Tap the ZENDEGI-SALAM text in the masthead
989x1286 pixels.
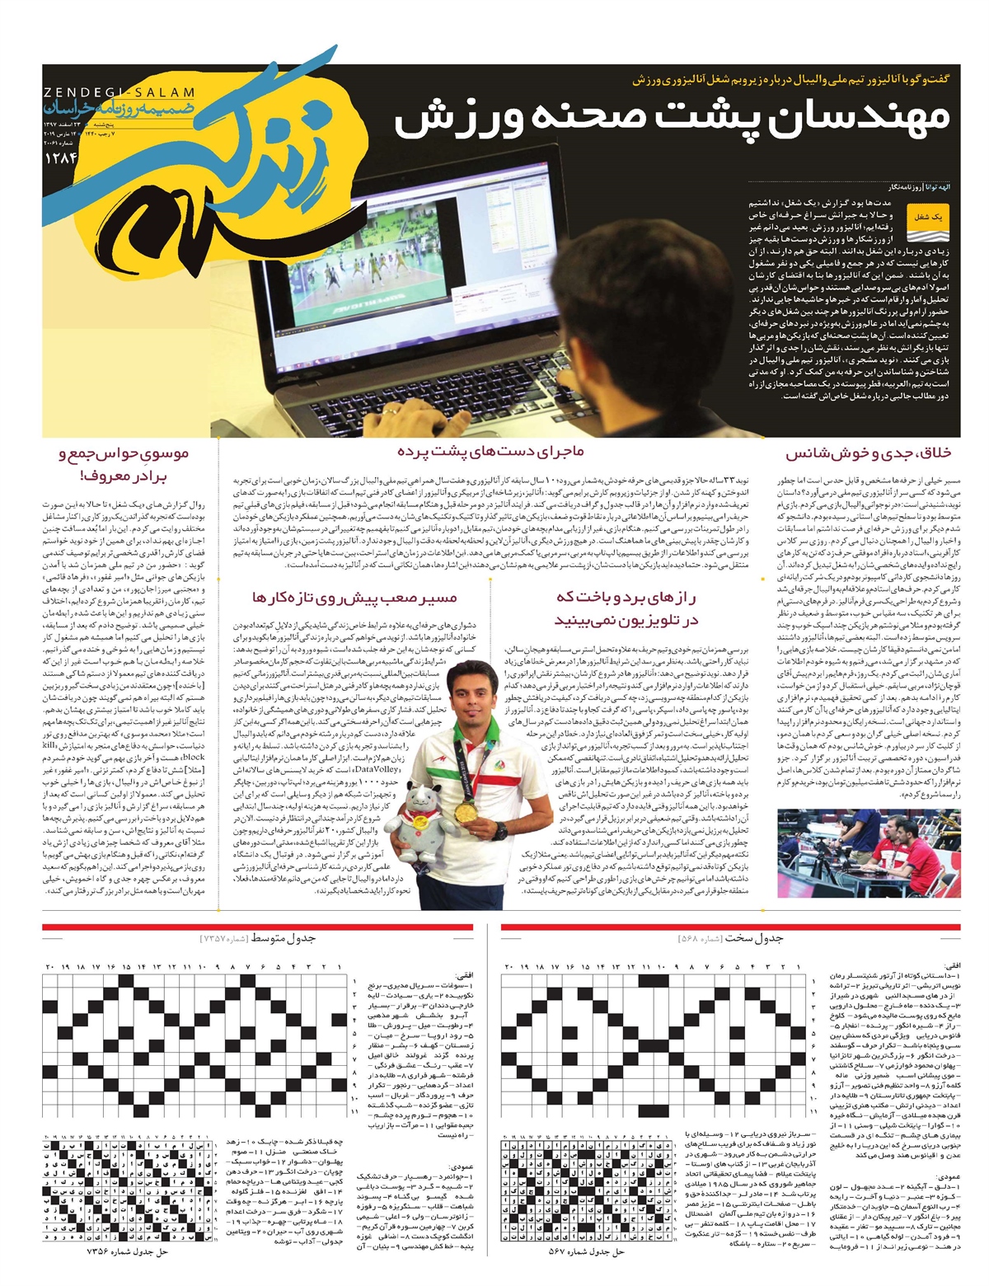pos(119,93)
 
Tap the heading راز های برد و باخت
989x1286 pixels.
pos(626,608)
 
